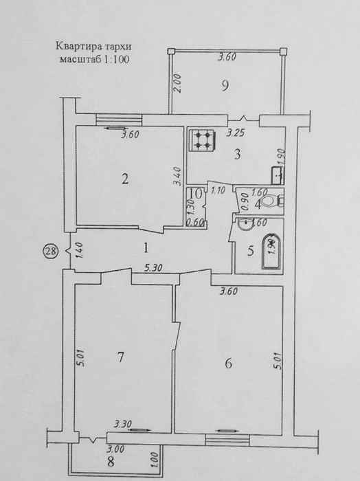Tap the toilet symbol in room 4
273,201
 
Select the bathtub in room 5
271,251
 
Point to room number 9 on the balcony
225,86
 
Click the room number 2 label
125,179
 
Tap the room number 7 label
120,357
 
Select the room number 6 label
229,363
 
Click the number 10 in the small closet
196,194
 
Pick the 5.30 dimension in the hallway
153,268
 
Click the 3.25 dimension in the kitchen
236,133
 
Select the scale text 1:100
117,59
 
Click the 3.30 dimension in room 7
123,424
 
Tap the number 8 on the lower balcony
111,461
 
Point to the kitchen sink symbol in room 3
278,175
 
